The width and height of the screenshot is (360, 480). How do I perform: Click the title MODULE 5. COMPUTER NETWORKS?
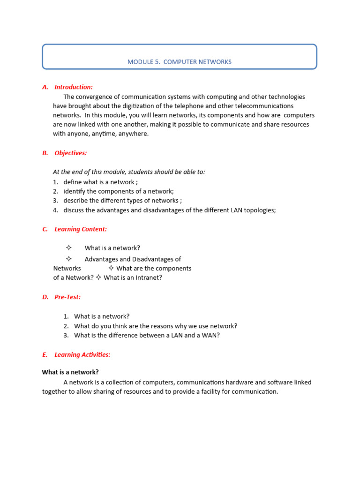[180, 62]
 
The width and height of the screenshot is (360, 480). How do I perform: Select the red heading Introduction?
[74, 87]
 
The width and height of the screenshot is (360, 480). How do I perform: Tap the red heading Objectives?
[71, 153]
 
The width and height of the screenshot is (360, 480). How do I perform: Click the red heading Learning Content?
[81, 229]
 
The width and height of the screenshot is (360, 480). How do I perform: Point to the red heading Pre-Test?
[67, 297]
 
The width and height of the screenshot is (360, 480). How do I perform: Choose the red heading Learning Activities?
[82, 355]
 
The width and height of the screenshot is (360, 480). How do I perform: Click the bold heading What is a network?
[70, 372]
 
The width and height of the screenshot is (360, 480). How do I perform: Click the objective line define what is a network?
[101, 182]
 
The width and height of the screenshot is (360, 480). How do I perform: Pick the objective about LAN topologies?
[170, 210]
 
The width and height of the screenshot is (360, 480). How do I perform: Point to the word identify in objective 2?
[75, 191]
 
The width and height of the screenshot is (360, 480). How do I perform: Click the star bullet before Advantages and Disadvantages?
[68, 259]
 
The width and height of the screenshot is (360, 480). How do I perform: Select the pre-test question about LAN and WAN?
[147, 336]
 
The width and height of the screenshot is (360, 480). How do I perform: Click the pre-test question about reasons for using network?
[156, 326]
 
